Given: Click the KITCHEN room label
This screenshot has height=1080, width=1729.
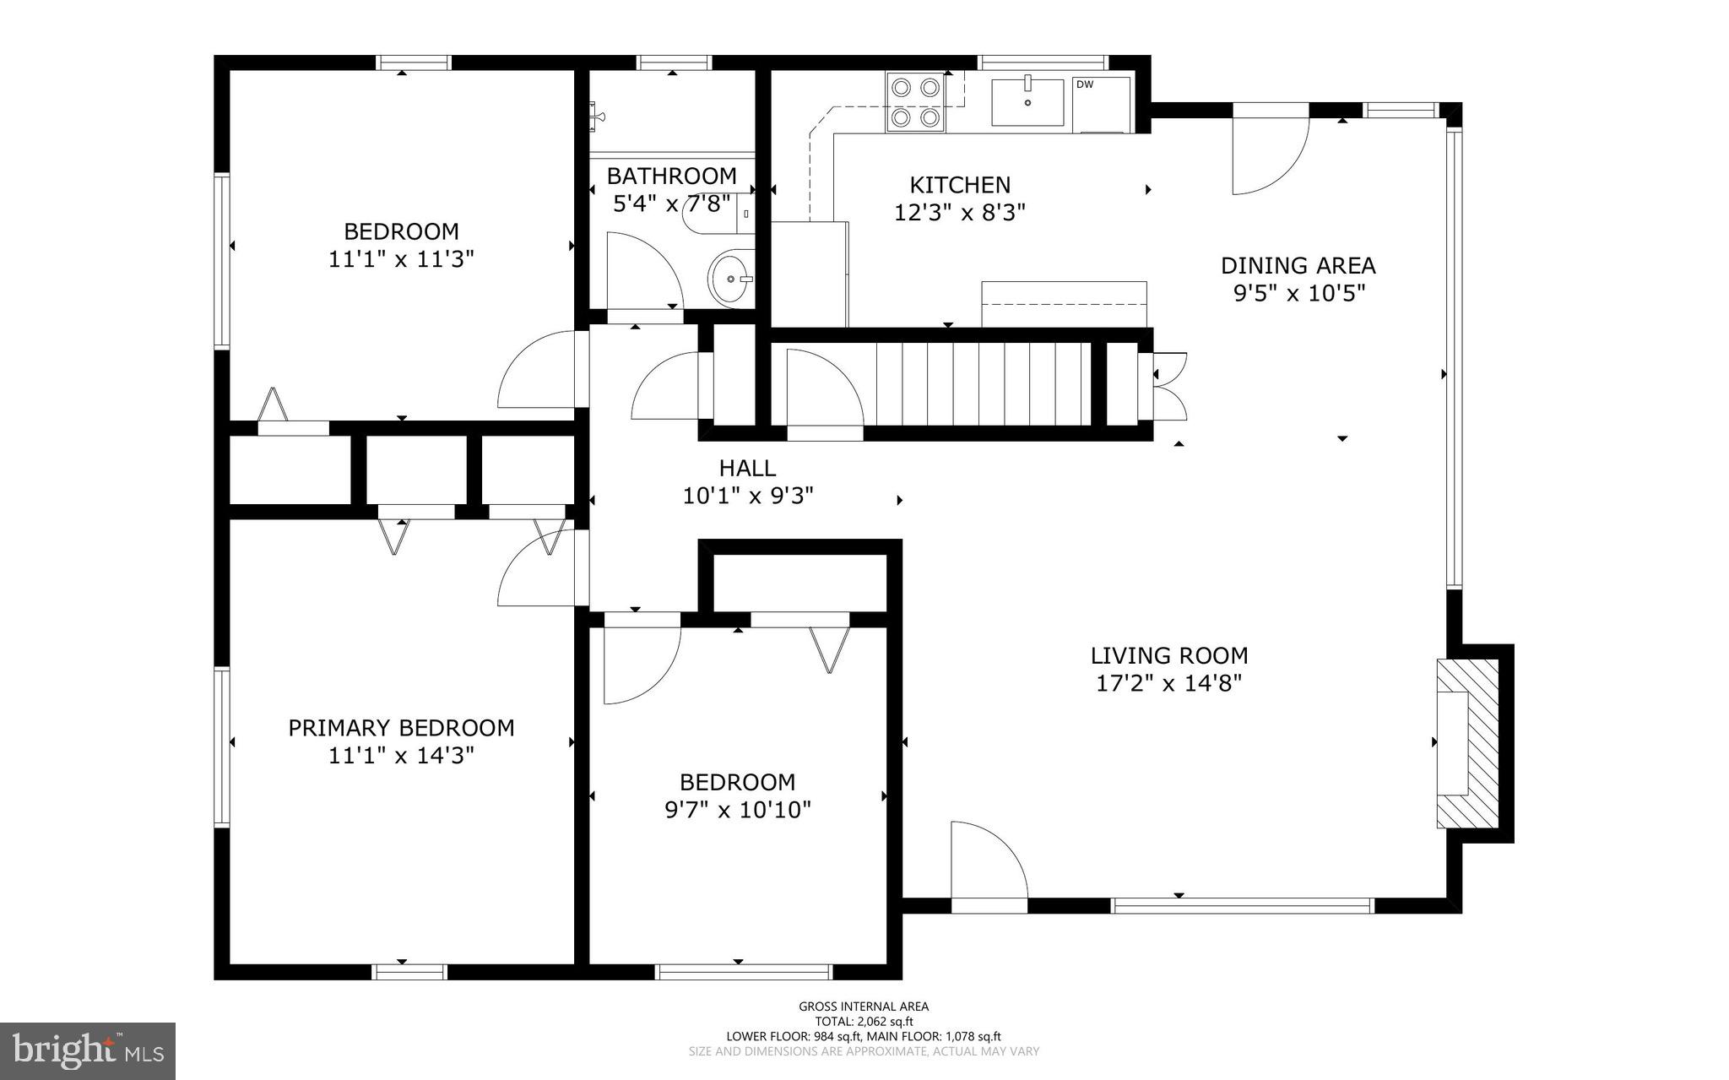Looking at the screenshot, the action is (960, 184).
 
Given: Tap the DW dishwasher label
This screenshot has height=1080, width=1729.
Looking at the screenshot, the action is (1084, 84).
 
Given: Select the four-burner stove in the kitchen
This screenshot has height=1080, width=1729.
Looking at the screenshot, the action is (916, 102).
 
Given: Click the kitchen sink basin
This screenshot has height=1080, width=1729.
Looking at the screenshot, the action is (1027, 101).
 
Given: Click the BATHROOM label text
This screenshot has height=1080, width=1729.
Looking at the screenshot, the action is (672, 176).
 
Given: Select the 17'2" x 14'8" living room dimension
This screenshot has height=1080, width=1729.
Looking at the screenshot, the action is (1169, 682).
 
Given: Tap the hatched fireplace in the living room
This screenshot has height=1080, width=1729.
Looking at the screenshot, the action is (1467, 743).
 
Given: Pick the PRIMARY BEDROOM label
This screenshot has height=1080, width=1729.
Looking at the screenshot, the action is (402, 728).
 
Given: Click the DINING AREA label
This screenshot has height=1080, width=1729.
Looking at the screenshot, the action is (1298, 266).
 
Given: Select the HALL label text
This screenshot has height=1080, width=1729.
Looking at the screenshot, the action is (747, 468).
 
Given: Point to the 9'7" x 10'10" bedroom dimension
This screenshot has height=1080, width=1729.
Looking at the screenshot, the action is (739, 811).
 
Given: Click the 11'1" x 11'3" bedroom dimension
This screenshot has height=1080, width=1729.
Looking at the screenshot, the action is (402, 258).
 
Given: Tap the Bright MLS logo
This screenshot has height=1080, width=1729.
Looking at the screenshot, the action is (88, 1051).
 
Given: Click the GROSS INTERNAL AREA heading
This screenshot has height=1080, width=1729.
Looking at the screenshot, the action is (864, 1007).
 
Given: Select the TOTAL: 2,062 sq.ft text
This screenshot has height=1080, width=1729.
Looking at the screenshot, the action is (864, 1022).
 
